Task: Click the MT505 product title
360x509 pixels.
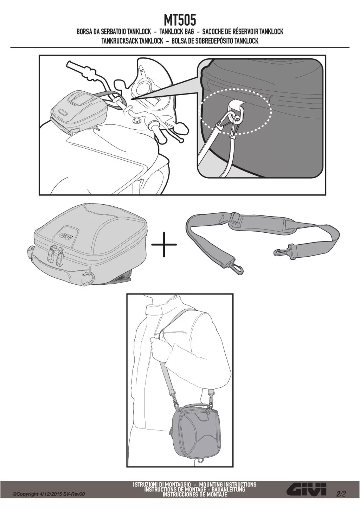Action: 180,21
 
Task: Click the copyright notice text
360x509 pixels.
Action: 49,499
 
